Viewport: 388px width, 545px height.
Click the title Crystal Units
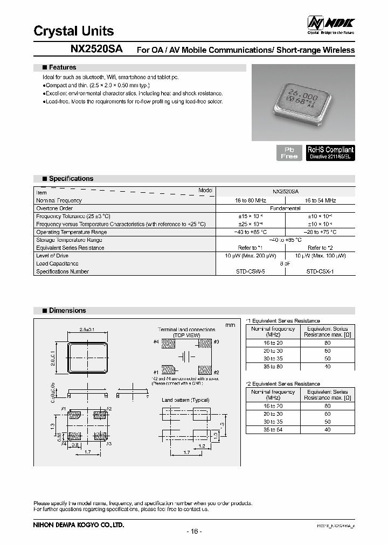click(74, 31)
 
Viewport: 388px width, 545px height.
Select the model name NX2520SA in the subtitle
click(96, 49)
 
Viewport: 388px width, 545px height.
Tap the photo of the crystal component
click(303, 102)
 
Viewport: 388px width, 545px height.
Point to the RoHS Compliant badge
click(330, 152)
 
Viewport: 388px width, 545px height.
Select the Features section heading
click(62, 68)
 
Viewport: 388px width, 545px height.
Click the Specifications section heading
click(71, 179)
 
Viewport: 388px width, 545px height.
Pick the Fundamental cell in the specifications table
click(285, 208)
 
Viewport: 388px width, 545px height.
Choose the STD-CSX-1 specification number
click(320, 272)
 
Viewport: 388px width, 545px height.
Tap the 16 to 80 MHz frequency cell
click(251, 200)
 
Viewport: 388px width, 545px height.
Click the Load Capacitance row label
click(57, 264)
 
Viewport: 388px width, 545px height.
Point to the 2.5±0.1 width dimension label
click(87, 330)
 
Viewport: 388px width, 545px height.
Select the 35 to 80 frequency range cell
click(273, 367)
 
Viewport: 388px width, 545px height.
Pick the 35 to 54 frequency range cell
click(273, 430)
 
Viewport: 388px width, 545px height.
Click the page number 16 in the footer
click(193, 532)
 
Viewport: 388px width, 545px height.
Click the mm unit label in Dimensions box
click(230, 325)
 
